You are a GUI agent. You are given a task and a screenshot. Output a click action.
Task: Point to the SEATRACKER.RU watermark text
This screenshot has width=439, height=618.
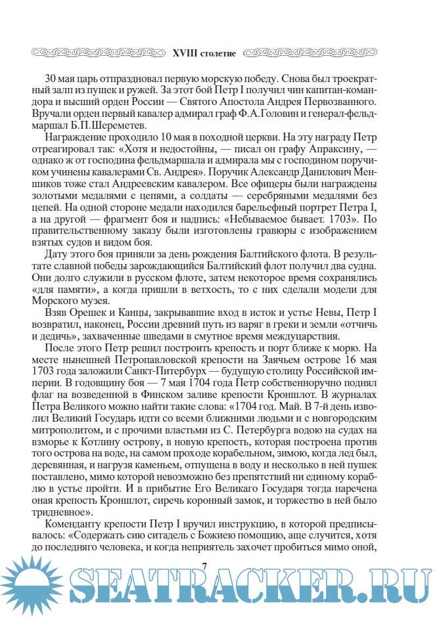click(x=250, y=586)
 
